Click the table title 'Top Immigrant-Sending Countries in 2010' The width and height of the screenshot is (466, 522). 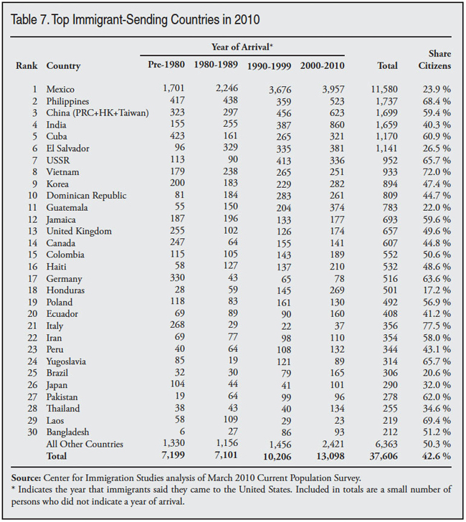[158, 19]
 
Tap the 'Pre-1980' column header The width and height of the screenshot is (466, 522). [167, 66]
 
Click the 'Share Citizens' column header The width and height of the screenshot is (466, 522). [434, 60]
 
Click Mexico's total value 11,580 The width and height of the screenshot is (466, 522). [382, 90]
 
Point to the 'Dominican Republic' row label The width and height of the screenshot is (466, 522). [86, 196]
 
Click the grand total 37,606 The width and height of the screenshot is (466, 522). [382, 456]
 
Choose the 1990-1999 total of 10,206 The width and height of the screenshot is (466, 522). [266, 456]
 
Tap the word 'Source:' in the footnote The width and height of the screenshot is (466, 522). [27, 477]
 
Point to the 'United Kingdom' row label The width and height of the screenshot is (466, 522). [79, 231]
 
